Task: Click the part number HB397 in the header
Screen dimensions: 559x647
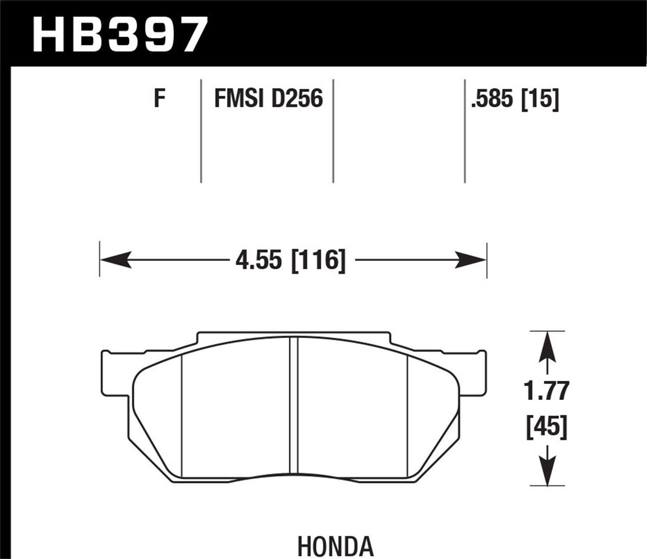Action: coord(120,35)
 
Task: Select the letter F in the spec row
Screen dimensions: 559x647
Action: coord(160,99)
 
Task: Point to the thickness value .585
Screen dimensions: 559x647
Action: coord(493,99)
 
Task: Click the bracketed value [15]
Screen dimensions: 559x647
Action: coord(540,99)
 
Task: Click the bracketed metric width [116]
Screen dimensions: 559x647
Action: coord(319,261)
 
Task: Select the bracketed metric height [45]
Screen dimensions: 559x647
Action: coord(546,427)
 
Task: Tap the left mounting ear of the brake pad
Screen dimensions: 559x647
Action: coord(114,373)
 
